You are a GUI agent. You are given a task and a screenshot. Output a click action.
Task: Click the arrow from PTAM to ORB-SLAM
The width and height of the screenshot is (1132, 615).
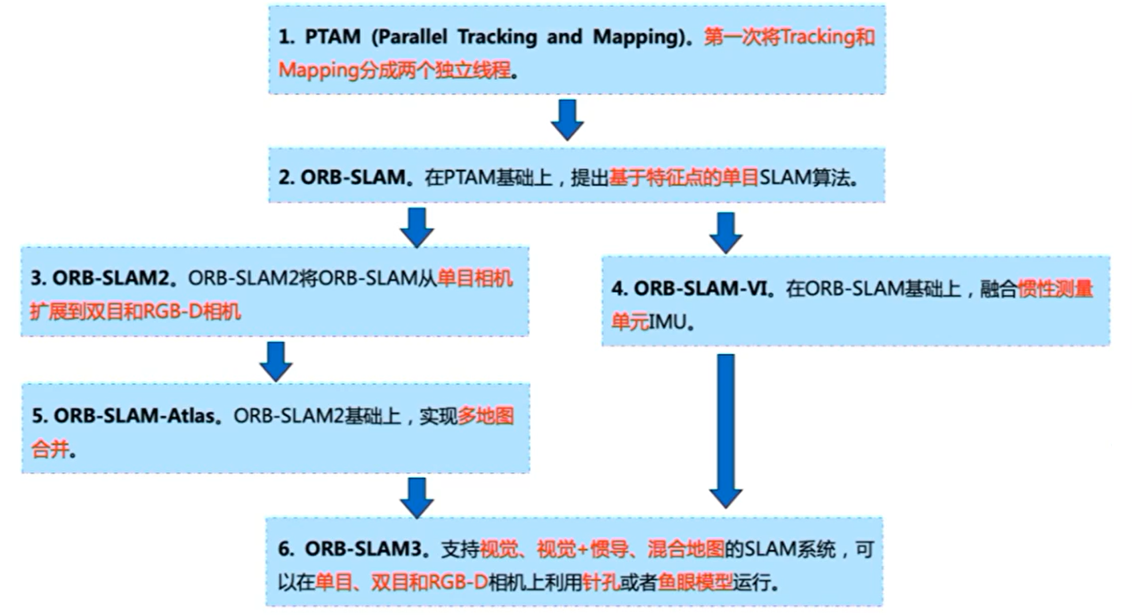click(567, 120)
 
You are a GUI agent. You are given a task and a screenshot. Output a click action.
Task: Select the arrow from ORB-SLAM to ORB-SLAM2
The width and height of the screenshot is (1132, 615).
click(417, 227)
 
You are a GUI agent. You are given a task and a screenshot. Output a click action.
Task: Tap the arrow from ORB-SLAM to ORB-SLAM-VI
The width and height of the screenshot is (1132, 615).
click(725, 232)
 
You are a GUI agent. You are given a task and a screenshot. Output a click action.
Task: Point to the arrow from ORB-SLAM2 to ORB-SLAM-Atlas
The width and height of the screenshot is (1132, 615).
click(276, 361)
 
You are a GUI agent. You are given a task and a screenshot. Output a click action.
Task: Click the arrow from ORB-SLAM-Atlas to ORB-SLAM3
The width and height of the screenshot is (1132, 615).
click(417, 497)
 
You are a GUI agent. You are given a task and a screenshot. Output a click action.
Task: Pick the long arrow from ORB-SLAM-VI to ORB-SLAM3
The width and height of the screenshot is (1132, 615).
click(725, 430)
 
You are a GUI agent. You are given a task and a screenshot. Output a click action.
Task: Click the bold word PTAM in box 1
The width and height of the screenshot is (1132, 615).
click(332, 37)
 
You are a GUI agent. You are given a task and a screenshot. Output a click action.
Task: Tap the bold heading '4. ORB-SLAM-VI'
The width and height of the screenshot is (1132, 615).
click(689, 288)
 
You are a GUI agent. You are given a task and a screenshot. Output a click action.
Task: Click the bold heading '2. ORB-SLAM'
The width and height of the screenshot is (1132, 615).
click(342, 177)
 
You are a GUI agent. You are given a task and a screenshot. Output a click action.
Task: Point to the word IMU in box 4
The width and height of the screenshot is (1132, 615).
click(668, 322)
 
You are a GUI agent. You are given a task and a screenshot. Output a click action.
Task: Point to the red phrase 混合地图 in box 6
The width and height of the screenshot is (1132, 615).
click(685, 549)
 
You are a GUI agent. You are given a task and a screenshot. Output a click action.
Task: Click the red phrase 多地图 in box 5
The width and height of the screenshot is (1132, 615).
click(485, 416)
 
